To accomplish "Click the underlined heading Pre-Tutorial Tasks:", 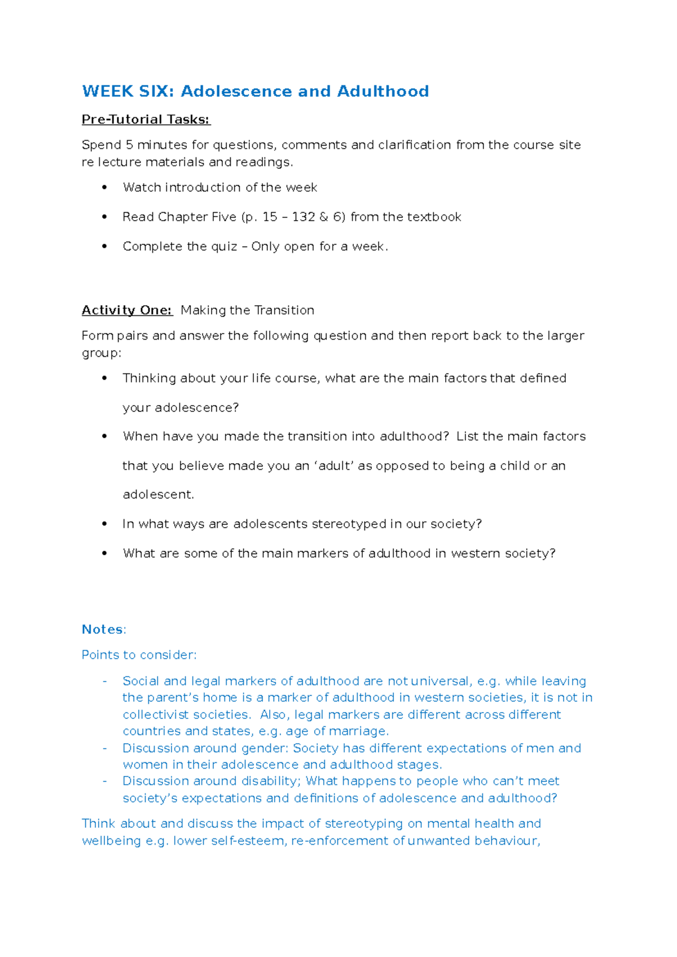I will tap(146, 120).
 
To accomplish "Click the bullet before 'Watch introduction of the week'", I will tap(104, 187).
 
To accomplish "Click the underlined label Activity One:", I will tap(127, 310).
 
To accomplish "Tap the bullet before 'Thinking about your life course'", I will tap(104, 378).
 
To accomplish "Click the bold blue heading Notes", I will tap(102, 630).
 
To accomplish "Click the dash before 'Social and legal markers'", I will tap(104, 682).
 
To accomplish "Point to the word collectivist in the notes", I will tap(155, 715).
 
